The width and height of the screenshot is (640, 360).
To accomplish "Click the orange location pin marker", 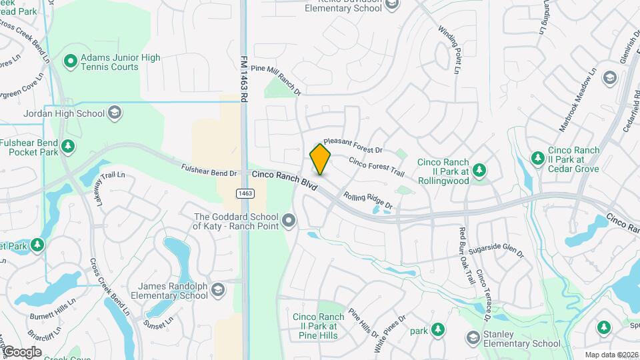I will [x=320, y=159].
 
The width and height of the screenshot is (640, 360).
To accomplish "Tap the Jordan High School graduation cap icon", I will [x=115, y=113].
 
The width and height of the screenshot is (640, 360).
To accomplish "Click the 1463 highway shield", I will [x=244, y=193].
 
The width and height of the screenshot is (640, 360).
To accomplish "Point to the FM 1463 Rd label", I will [x=244, y=78].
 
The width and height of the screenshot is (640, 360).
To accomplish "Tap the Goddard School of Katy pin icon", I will [x=288, y=220].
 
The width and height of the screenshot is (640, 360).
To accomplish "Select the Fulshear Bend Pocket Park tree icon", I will [x=67, y=146].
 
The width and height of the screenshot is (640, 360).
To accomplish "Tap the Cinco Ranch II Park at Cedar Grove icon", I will [x=537, y=158].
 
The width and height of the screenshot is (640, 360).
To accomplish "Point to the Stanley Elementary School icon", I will [x=472, y=339].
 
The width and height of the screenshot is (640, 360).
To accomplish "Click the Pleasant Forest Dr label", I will [x=353, y=146].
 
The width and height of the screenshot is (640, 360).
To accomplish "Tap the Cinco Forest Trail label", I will [x=376, y=167].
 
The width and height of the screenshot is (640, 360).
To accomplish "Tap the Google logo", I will [x=22, y=351].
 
